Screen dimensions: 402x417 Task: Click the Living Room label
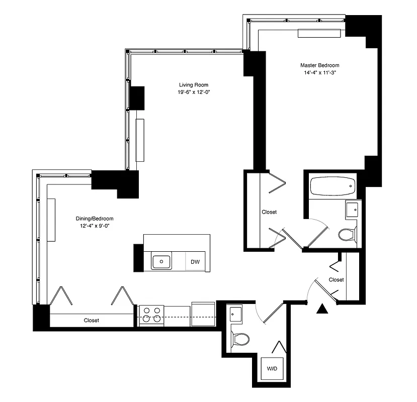coord(194,84)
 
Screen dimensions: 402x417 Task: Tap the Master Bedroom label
coord(319,65)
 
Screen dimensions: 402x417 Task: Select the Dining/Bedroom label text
coord(95,219)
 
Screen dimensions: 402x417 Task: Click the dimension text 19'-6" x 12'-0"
coord(194,92)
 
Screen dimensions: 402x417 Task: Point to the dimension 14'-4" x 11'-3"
coord(319,72)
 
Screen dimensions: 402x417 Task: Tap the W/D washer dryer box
coord(272,369)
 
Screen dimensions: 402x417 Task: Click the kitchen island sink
coord(161,261)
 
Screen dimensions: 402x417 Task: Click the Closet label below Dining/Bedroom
coord(92,320)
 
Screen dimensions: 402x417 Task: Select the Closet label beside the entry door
coord(336,279)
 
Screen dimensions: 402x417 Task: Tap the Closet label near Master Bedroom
coord(269,212)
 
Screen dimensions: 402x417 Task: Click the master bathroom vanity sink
coord(352,209)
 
